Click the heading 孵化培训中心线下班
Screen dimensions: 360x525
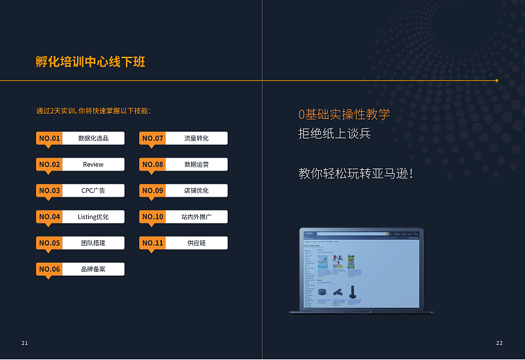91,62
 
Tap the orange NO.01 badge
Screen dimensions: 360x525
49,139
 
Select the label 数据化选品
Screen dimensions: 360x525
93,139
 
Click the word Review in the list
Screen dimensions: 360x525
93,165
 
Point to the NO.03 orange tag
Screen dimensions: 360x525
49,191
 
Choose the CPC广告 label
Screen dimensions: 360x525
93,191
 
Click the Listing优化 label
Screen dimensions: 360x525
93,217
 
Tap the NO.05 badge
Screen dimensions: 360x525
49,243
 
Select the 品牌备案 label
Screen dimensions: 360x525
93,269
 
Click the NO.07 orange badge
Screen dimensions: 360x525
152,139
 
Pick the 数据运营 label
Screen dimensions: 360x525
197,165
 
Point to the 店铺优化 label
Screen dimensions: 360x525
197,191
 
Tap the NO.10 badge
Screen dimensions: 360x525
152,217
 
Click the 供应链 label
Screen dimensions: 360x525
197,243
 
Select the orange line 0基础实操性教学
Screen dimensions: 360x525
344,114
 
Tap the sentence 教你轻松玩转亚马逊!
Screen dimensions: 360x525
356,174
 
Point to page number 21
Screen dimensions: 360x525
25,343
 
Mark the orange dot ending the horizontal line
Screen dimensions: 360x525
497,80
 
